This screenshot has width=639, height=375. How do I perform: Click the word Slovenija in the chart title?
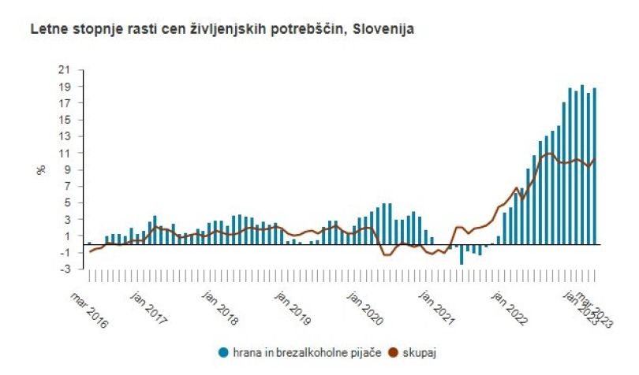coord(383,29)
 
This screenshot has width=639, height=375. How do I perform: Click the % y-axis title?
coord(41,169)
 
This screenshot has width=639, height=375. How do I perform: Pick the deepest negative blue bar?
coord(461,254)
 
